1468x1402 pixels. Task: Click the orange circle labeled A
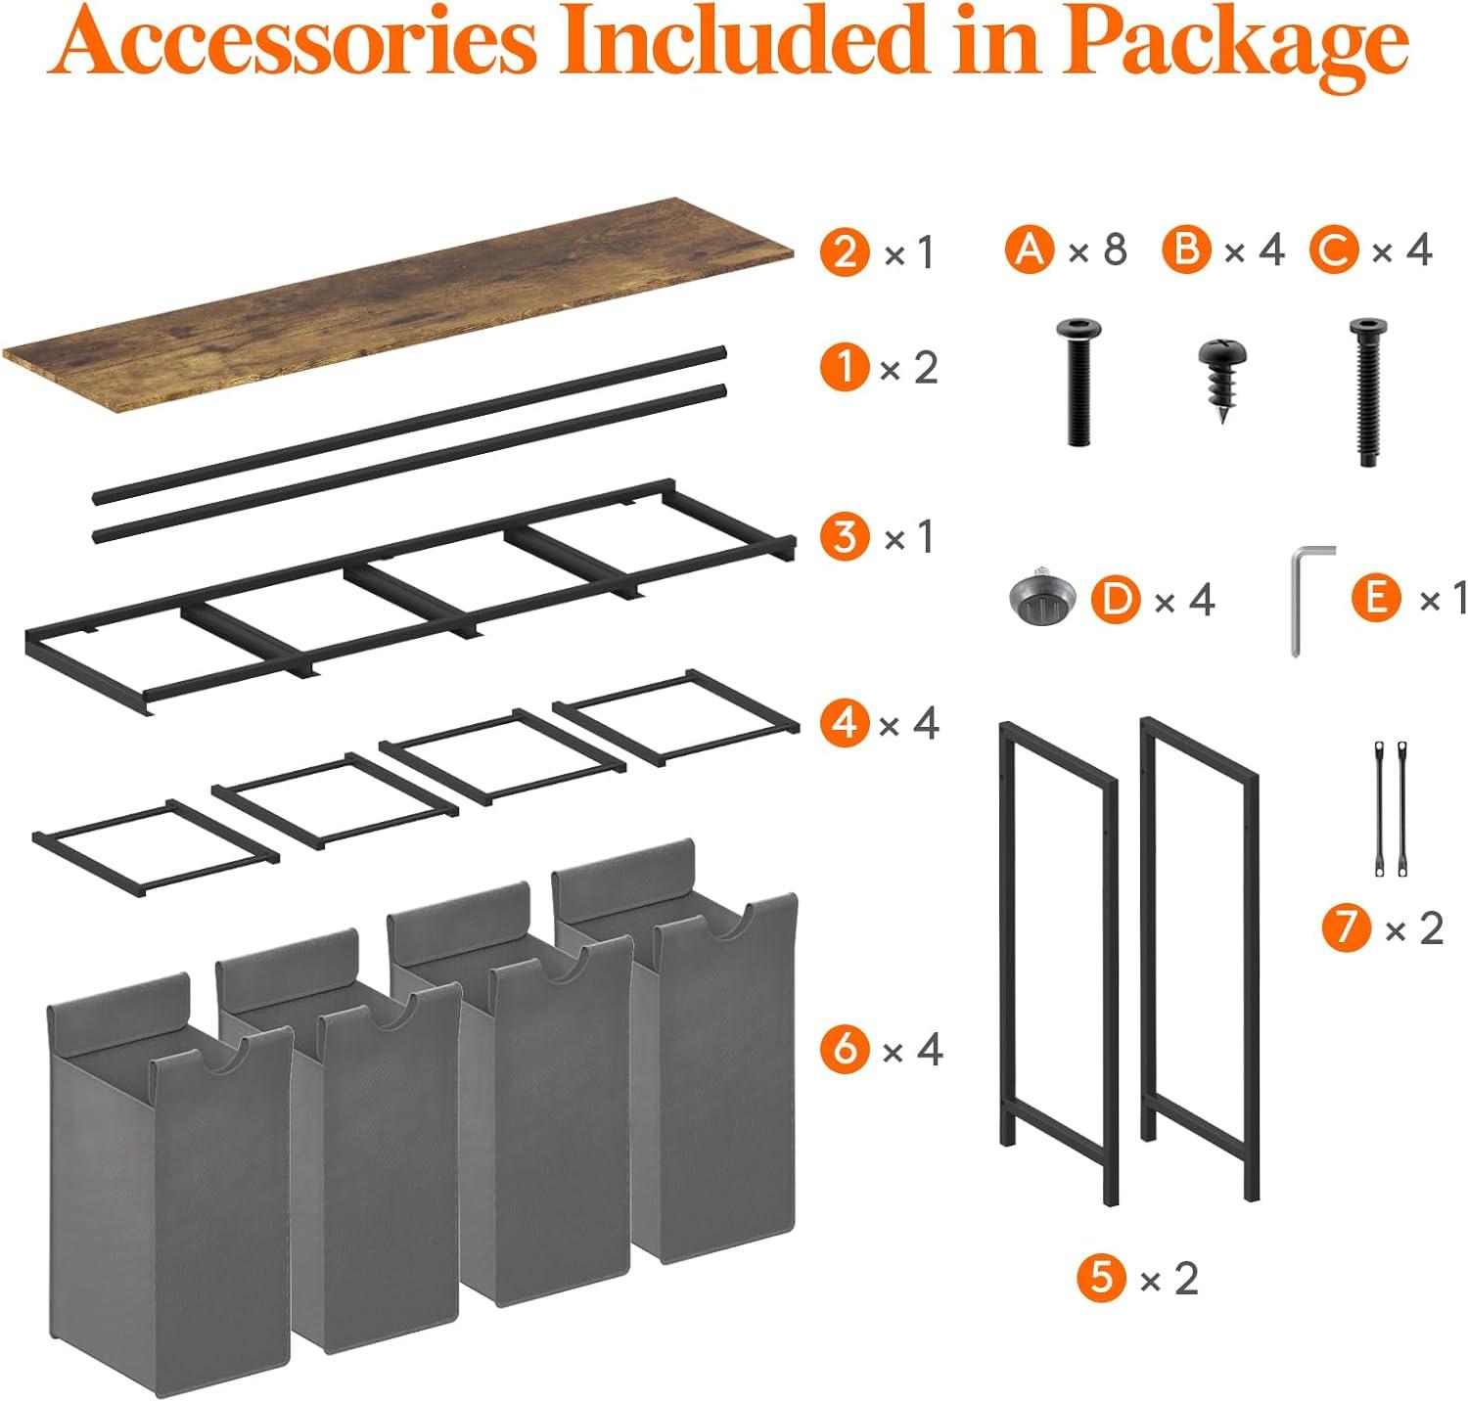(1029, 249)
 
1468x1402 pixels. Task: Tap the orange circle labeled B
(1187, 249)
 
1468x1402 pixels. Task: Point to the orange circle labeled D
(1117, 599)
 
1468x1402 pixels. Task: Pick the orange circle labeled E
(1377, 597)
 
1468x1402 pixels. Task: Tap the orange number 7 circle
(1347, 927)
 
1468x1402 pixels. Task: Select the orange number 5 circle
(1102, 1278)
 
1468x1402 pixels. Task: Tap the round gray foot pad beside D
(1040, 599)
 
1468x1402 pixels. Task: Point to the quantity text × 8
(1098, 250)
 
